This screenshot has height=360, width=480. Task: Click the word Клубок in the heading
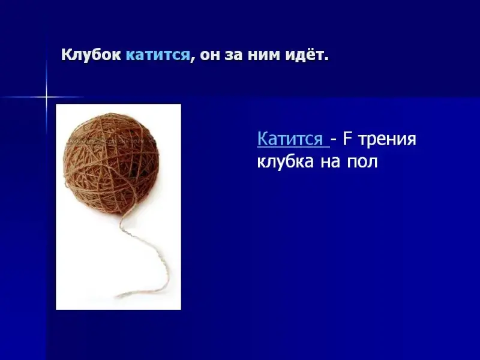point(91,56)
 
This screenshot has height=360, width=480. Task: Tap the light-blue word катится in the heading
point(158,56)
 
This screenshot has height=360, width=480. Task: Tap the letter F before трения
point(347,139)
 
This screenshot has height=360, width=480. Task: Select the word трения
point(387,140)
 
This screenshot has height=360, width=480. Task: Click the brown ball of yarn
point(112,163)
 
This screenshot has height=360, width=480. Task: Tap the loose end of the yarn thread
point(116,296)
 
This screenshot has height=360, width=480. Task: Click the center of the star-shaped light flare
point(47,97)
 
